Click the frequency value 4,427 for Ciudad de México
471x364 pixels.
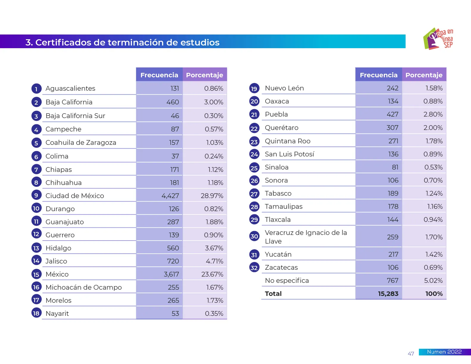[170, 196]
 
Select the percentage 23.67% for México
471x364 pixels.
[212, 274]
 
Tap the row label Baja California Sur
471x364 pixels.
[75, 116]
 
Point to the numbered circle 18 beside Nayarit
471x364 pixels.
[36, 313]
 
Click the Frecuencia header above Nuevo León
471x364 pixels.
[378, 75]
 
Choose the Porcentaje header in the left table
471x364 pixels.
[204, 75]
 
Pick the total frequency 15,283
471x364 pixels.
[388, 294]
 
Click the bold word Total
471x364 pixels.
[273, 294]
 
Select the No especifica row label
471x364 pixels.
[287, 281]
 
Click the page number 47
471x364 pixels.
[411, 354]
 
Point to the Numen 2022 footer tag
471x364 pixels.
[444, 352]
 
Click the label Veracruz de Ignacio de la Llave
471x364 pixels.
[305, 237]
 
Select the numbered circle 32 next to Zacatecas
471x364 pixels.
[254, 268]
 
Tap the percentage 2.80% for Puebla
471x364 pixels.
[433, 114]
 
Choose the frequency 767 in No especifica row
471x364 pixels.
[392, 281]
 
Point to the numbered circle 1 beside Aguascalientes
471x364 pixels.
[36, 89]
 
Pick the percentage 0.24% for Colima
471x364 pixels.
[213, 156]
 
